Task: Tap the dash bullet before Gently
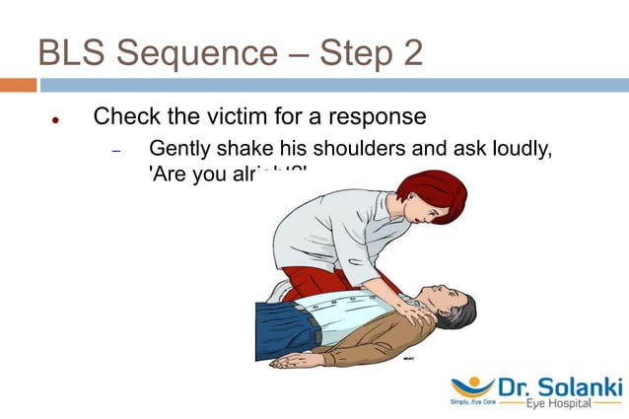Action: click(x=115, y=152)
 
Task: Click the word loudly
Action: click(x=510, y=150)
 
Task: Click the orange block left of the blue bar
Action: click(x=18, y=86)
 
